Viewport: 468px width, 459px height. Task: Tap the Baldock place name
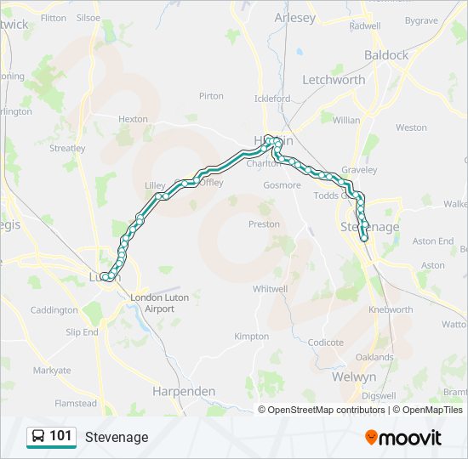click(x=386, y=55)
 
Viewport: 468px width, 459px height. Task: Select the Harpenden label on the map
click(x=183, y=392)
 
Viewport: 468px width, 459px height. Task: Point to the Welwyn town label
click(x=354, y=377)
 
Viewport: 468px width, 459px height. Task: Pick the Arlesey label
click(x=294, y=17)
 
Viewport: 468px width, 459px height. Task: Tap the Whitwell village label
click(x=270, y=289)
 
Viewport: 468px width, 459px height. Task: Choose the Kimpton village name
click(x=251, y=337)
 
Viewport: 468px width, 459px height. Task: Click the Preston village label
click(x=264, y=224)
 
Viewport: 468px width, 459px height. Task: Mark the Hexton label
click(x=133, y=120)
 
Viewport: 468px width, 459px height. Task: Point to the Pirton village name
click(x=211, y=97)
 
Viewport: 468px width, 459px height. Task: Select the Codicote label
click(x=326, y=343)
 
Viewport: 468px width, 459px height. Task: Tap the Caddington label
click(x=54, y=311)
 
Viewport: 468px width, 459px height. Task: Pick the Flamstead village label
click(x=76, y=404)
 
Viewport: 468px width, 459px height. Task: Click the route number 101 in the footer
click(x=60, y=436)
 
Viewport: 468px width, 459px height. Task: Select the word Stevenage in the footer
click(x=117, y=437)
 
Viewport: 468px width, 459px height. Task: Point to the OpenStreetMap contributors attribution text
click(x=326, y=410)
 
